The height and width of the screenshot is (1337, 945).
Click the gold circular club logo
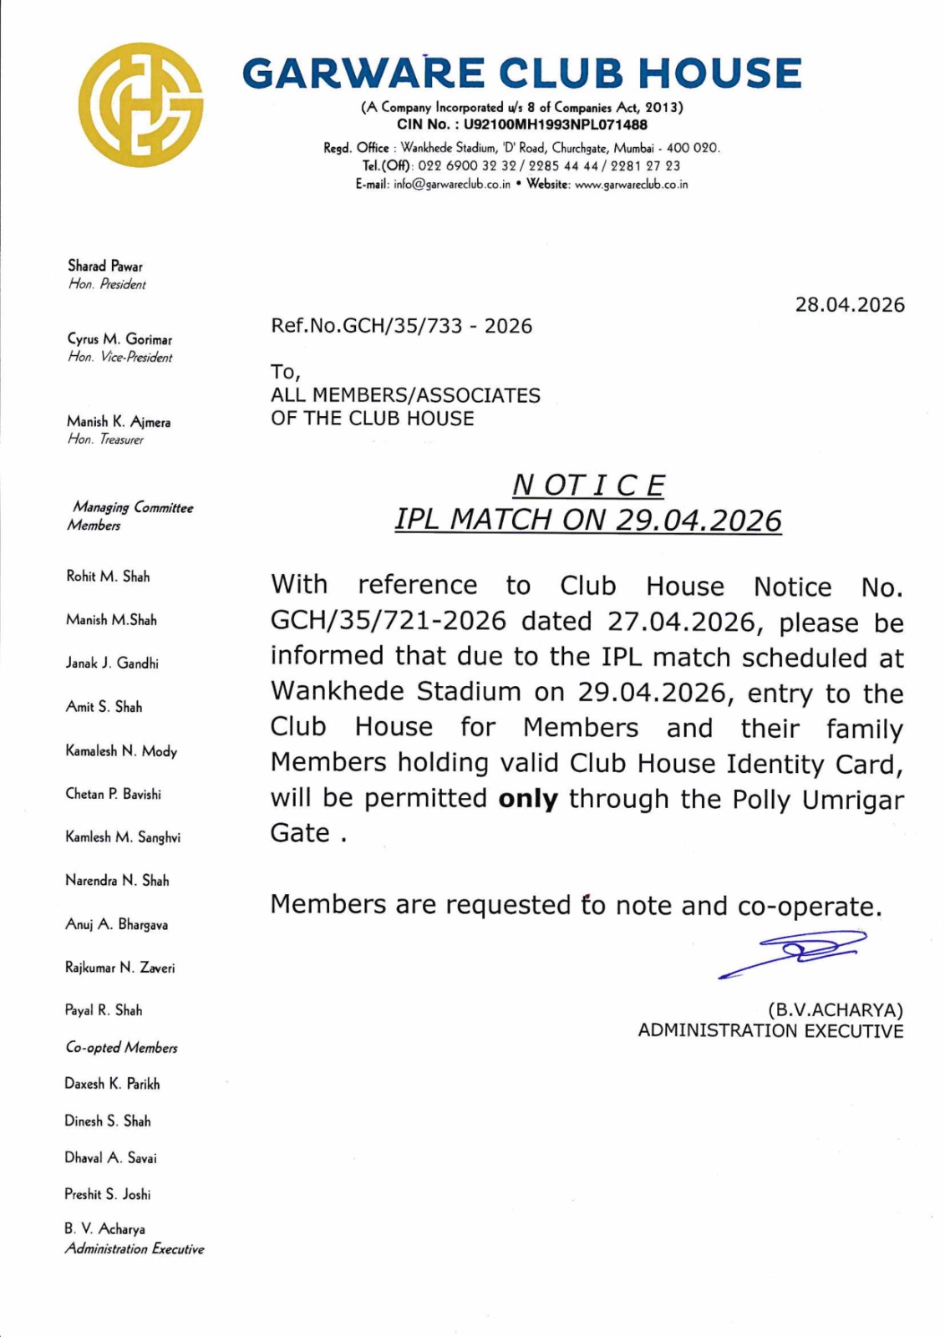click(140, 104)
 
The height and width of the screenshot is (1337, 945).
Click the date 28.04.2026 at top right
click(849, 305)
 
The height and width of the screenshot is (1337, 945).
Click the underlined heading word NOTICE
click(588, 485)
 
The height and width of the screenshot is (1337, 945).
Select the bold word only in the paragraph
click(527, 799)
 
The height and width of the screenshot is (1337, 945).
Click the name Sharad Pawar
click(105, 266)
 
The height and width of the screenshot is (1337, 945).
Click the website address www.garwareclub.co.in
click(631, 185)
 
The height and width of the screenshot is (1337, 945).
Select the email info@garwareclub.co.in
click(451, 185)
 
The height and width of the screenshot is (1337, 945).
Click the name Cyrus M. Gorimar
click(119, 339)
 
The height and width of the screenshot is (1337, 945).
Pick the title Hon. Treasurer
click(105, 440)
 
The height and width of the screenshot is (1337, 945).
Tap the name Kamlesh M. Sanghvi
click(123, 837)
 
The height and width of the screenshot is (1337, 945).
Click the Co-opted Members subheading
click(121, 1048)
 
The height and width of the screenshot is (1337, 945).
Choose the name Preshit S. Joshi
click(108, 1194)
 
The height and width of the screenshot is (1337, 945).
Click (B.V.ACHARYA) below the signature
click(835, 1009)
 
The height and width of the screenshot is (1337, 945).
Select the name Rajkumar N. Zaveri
click(120, 968)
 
